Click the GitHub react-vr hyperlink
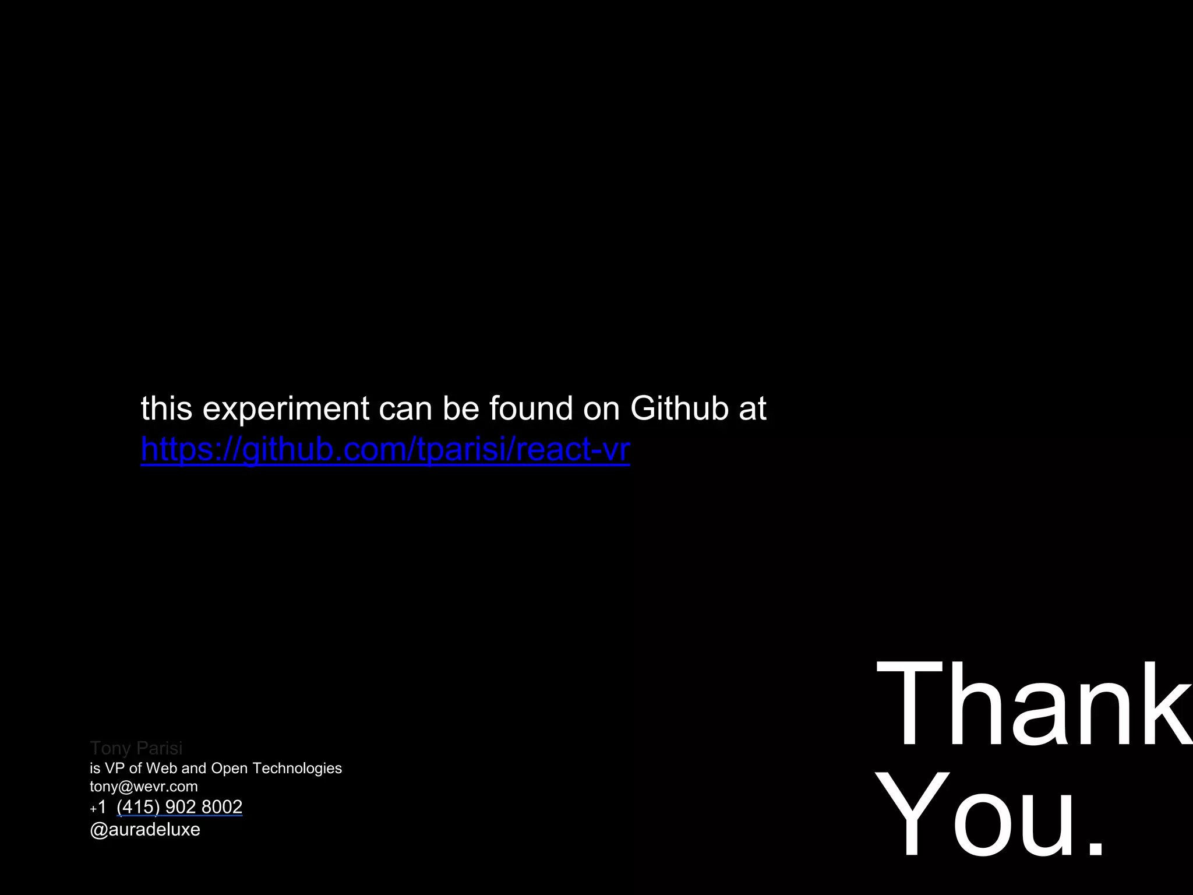(x=385, y=449)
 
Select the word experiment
(x=285, y=408)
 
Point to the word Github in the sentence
(x=679, y=408)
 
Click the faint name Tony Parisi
(x=136, y=748)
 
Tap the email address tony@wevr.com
(x=143, y=787)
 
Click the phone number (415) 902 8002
(x=179, y=807)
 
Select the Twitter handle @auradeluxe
(x=144, y=830)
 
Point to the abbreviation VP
(x=115, y=769)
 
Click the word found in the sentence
(x=531, y=408)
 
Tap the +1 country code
(x=98, y=808)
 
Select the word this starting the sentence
(x=166, y=408)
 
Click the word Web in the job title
(x=161, y=769)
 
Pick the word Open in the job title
(x=229, y=769)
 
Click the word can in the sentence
(x=405, y=408)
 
